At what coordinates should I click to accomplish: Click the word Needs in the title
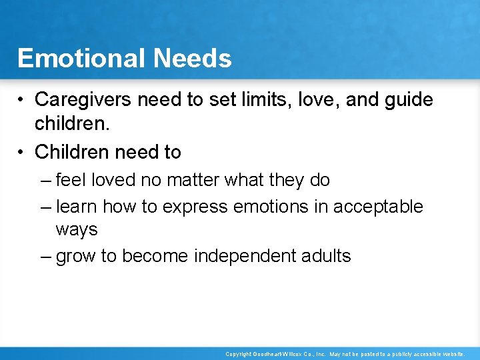(193, 59)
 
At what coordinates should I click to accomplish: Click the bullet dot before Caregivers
(23, 100)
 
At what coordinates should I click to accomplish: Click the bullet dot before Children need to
(23, 152)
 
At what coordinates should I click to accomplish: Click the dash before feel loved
(45, 180)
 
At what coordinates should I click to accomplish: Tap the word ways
(77, 230)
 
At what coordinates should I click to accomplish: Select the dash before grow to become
(45, 256)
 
